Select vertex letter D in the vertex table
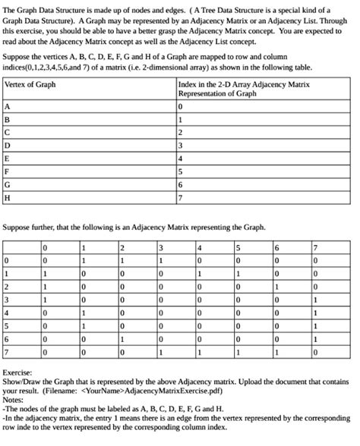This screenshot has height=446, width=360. [x=8, y=146]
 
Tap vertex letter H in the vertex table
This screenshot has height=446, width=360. [x=8, y=199]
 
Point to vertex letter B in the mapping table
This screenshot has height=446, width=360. [x=8, y=119]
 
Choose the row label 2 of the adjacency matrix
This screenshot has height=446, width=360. [x=6, y=287]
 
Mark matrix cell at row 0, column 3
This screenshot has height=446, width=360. [x=161, y=260]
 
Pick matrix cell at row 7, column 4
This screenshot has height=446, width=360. [x=200, y=353]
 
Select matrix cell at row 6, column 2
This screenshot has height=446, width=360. [x=122, y=341]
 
